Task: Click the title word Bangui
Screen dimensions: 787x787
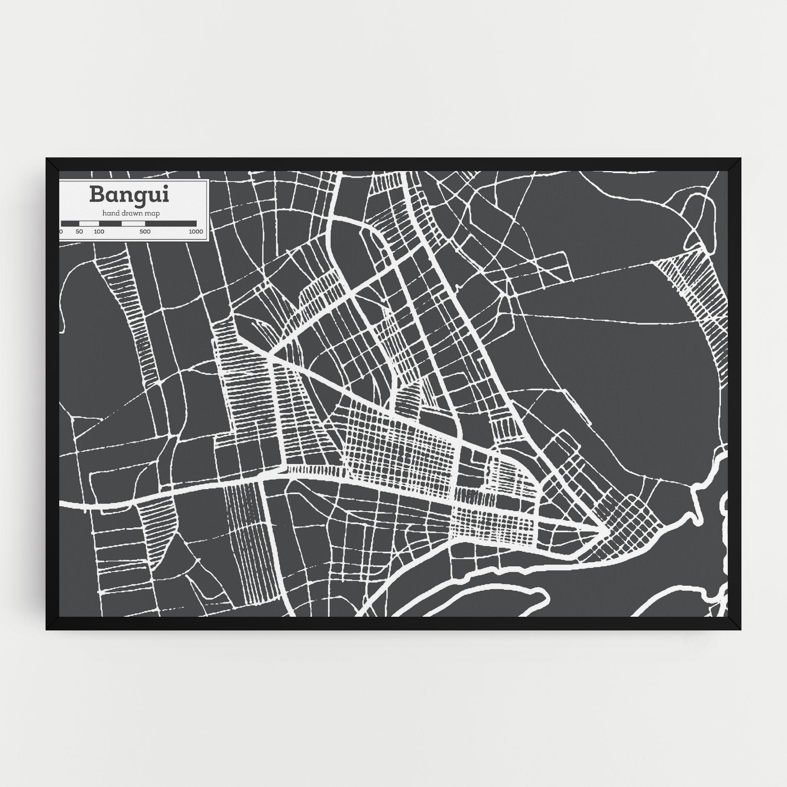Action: pos(129,195)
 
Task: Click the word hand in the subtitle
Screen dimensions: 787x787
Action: pos(110,213)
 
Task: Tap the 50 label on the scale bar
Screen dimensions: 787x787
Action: pos(79,232)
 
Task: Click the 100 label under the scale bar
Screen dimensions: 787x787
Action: pos(99,232)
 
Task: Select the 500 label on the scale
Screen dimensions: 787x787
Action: pos(145,232)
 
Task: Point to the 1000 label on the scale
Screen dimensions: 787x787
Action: pos(196,232)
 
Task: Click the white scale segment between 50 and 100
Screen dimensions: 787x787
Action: pos(89,224)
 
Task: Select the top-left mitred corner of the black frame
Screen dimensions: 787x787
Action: pos(52,164)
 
